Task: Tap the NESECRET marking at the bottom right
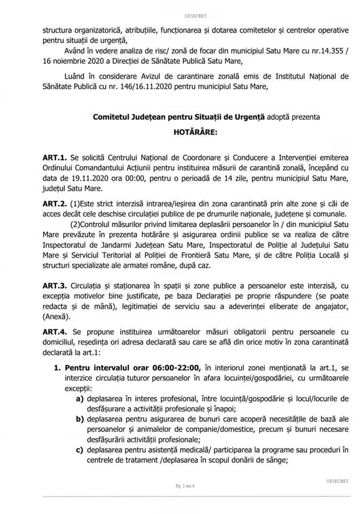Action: pos(337,481)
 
